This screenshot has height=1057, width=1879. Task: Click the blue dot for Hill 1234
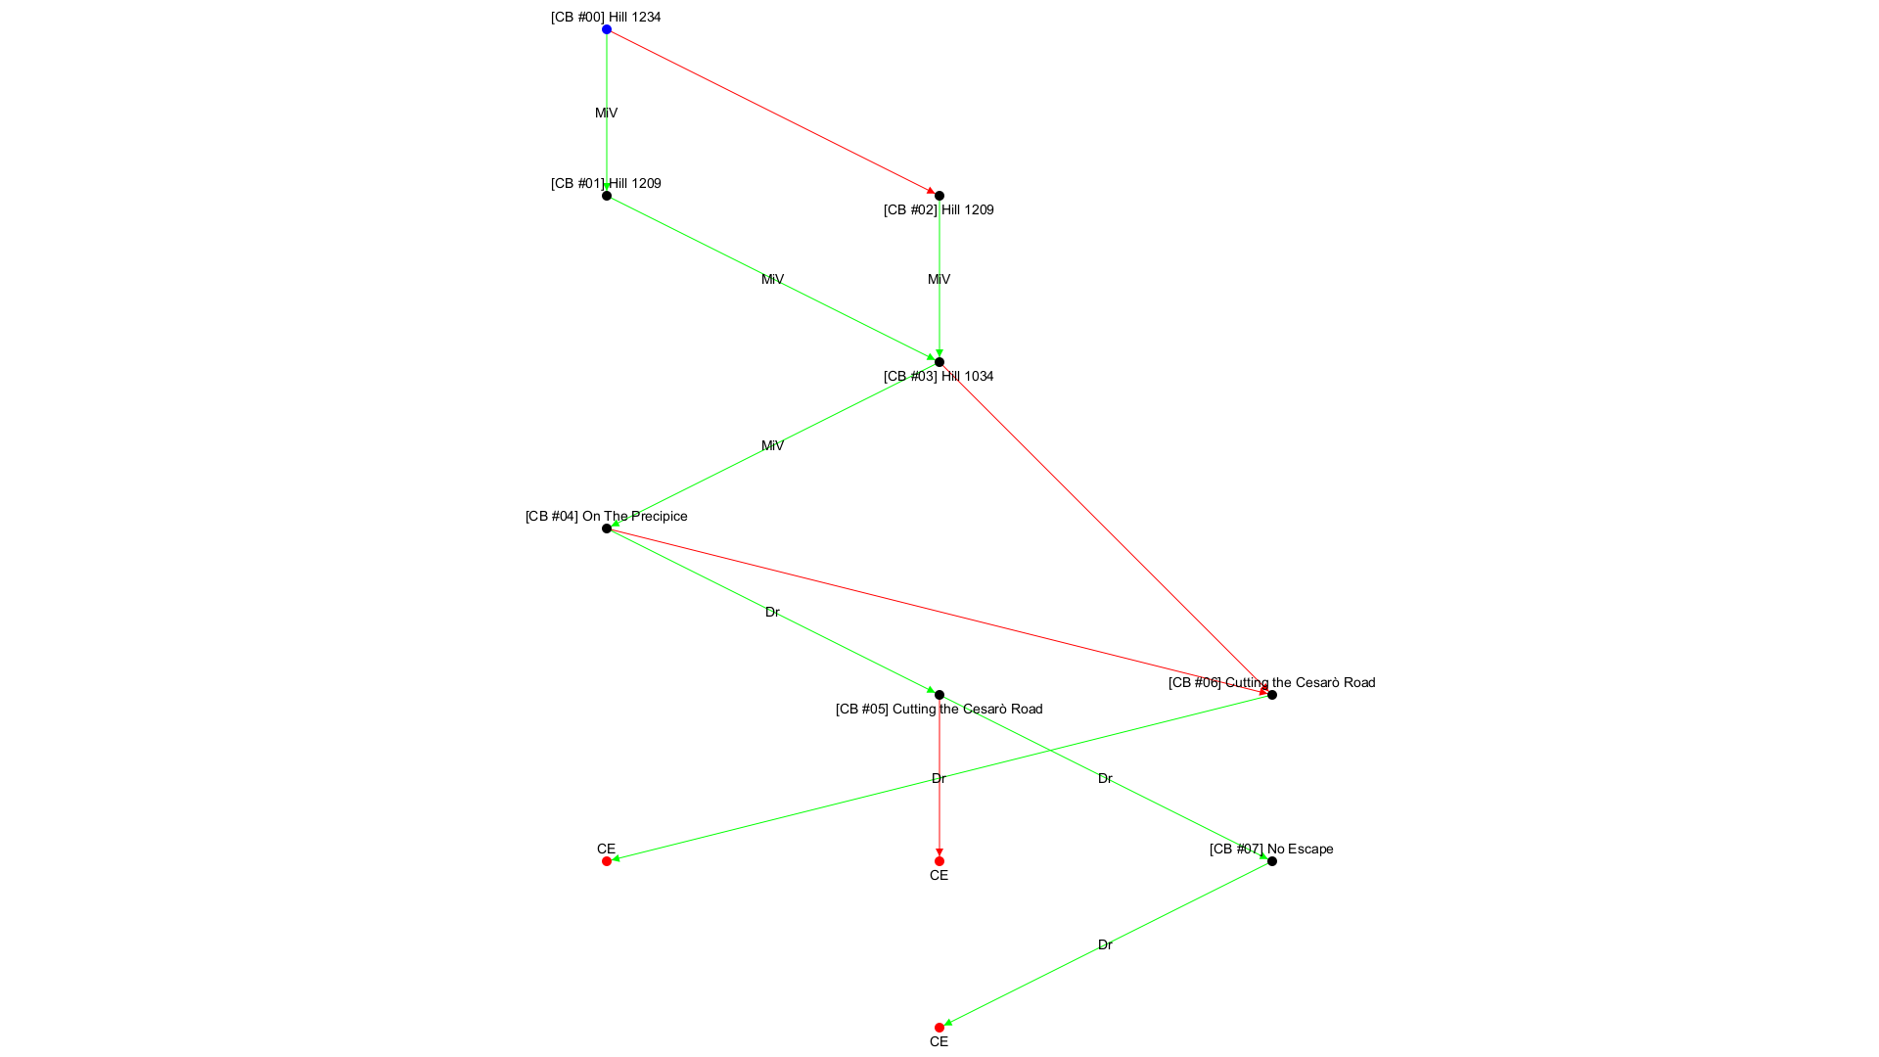tap(607, 29)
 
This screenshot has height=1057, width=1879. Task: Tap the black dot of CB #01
tap(607, 196)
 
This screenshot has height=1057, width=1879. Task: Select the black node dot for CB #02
tap(939, 196)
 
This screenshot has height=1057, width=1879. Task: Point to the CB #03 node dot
tap(939, 362)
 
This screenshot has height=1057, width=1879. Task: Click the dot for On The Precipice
tap(607, 528)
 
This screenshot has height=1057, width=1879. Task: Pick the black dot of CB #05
tap(939, 695)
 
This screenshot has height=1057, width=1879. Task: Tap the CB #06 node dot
tap(1272, 695)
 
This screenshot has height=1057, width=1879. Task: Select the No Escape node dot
tap(1272, 861)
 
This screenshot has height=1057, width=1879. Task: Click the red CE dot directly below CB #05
tap(939, 861)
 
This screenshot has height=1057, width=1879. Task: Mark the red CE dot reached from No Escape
tap(939, 1028)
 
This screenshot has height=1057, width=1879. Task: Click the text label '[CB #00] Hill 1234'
tap(606, 17)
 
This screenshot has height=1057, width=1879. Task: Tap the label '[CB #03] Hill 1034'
tap(939, 376)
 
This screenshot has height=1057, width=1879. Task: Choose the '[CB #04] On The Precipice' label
tap(606, 516)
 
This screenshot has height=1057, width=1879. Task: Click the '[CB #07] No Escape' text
tap(1271, 849)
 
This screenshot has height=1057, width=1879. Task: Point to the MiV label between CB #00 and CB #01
tap(606, 113)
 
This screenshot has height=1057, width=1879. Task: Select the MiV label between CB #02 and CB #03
tap(939, 279)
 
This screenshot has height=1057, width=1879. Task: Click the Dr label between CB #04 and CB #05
tap(772, 612)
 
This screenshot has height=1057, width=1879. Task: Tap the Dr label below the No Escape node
tap(1105, 944)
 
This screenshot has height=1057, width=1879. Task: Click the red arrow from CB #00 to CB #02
tap(773, 113)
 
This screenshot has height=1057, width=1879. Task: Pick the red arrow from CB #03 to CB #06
tap(1106, 528)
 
